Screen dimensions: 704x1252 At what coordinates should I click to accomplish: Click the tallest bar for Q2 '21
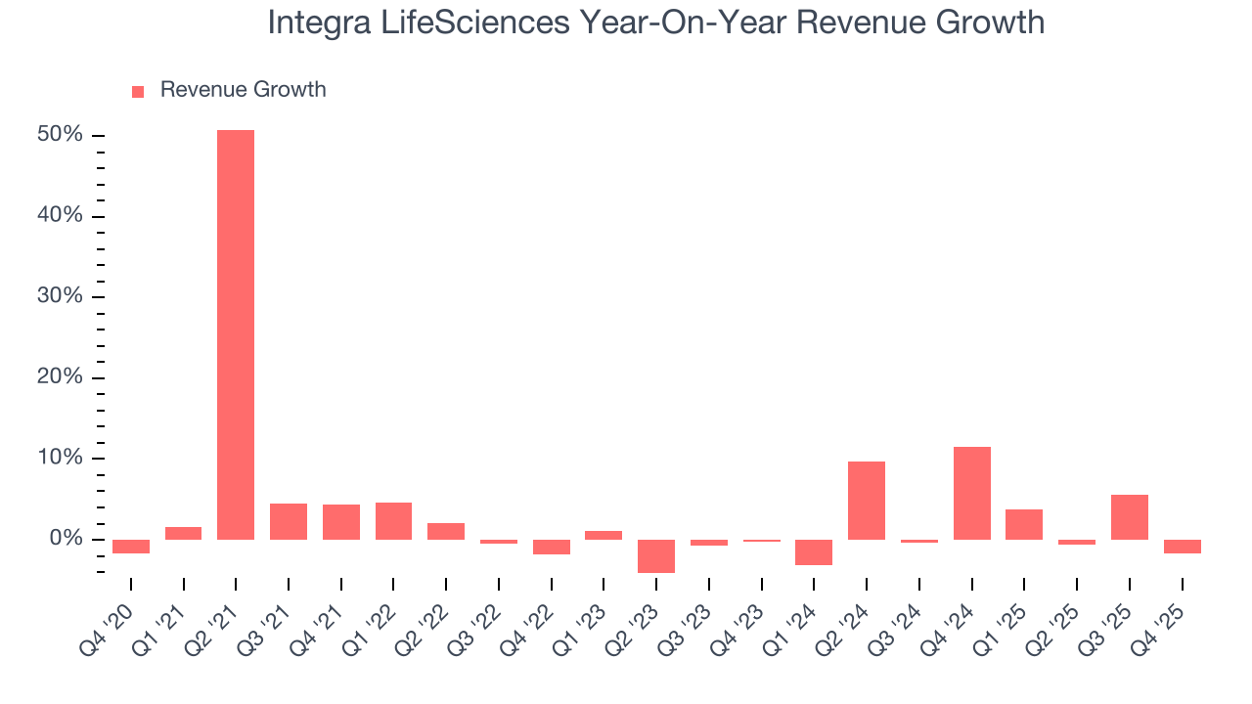pos(236,334)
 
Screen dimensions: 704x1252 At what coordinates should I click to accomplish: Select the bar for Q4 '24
pos(972,493)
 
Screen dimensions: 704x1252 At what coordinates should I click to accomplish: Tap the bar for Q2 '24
pos(867,501)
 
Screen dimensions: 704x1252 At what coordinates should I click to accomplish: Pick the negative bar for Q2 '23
pos(656,555)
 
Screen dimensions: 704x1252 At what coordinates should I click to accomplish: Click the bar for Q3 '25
pos(1130,517)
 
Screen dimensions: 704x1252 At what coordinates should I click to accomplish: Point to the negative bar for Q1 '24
pos(814,551)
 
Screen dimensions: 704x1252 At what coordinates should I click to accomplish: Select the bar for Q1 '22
pos(393,521)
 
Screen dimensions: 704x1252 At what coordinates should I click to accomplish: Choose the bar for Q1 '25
pos(1024,524)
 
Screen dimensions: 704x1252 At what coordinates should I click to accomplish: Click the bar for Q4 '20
pos(131,547)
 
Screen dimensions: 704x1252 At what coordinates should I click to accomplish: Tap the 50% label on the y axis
pos(61,135)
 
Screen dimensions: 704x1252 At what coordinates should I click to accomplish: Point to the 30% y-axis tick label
pos(61,297)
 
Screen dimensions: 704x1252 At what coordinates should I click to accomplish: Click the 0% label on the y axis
pos(66,540)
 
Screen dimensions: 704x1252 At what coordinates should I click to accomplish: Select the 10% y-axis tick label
pos(61,459)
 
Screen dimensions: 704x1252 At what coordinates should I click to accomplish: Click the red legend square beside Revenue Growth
pos(138,91)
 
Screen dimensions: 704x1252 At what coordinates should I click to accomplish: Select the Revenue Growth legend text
pos(243,90)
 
